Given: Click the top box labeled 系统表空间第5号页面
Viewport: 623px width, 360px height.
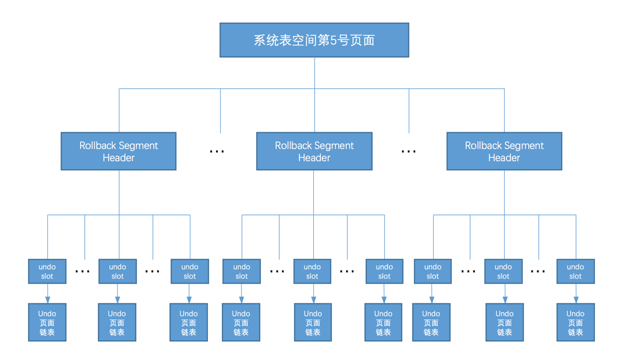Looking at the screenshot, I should [x=314, y=40].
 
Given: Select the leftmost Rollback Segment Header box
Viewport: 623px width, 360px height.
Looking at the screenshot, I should [x=118, y=151].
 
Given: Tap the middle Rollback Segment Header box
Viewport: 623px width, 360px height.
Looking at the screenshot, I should [x=314, y=151].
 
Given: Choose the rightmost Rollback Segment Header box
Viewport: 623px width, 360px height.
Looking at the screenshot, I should [x=504, y=151].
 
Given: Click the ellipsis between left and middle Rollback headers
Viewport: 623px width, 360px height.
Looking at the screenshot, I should [x=217, y=151].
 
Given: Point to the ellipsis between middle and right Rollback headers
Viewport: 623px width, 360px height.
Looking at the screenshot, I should [x=409, y=151].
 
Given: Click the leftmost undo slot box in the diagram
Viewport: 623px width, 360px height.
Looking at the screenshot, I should [x=47, y=271].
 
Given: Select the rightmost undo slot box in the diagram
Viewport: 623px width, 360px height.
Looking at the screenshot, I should [x=575, y=271].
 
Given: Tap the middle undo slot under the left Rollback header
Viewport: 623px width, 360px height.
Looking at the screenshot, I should [x=118, y=271].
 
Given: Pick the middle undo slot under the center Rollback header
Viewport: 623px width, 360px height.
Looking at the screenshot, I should [x=312, y=271].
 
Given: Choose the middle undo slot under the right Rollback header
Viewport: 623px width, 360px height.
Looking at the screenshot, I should [x=503, y=271].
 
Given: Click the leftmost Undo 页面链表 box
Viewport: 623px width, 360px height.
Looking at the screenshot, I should [x=47, y=322].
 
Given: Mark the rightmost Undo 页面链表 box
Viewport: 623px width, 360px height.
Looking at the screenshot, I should [x=575, y=322].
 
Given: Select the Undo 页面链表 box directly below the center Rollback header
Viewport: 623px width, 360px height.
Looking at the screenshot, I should [x=313, y=322].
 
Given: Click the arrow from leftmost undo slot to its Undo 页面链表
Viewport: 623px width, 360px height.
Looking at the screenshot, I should [x=48, y=294].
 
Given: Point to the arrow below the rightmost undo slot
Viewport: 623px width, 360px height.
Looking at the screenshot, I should [x=576, y=294].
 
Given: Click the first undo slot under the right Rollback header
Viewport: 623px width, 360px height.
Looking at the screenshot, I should [x=433, y=271].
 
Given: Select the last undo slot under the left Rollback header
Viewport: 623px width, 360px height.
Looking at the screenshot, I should [x=190, y=271].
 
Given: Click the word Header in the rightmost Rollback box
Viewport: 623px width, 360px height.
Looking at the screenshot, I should [x=504, y=158].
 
